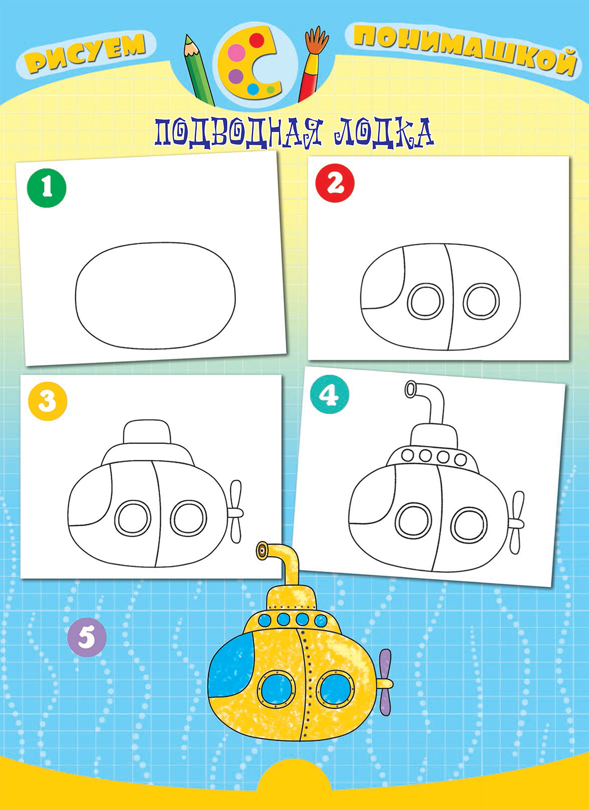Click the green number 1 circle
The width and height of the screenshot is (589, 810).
click(47, 188)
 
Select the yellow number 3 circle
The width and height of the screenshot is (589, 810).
click(47, 401)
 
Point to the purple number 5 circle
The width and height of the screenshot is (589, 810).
click(87, 637)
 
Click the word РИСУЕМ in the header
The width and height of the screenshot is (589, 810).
click(86, 52)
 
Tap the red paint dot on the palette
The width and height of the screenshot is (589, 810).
click(256, 40)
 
